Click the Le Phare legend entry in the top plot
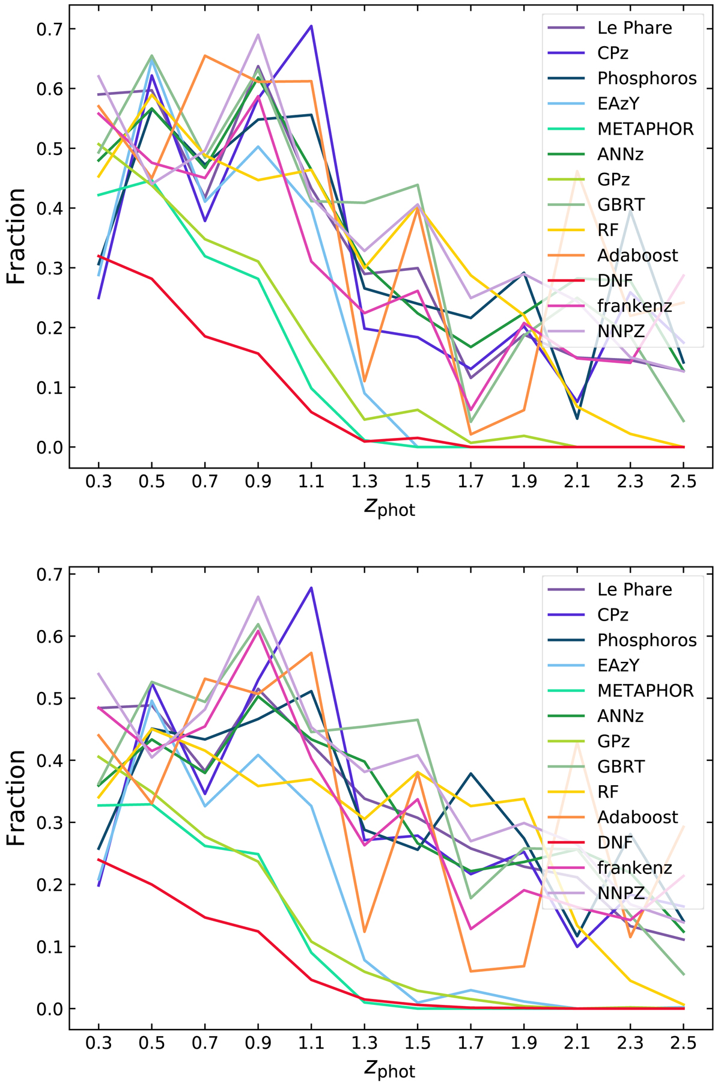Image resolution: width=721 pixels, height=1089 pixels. [x=634, y=28]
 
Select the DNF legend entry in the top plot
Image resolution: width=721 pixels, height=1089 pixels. [x=615, y=281]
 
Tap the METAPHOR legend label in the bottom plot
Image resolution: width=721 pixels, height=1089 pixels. [x=645, y=691]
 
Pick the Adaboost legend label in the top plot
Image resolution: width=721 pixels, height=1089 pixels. [x=637, y=255]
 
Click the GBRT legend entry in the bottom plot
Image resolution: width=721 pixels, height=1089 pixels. [x=621, y=766]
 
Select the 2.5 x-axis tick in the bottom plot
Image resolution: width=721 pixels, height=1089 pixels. [x=683, y=1042]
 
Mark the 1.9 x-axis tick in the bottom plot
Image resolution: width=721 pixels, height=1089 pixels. [x=524, y=1042]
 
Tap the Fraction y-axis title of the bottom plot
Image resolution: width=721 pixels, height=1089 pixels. [x=16, y=798]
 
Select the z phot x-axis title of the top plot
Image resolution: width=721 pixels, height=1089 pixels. [x=389, y=508]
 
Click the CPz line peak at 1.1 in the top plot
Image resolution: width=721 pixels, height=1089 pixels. [x=311, y=26]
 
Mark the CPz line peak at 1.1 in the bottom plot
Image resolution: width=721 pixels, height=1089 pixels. [x=311, y=587]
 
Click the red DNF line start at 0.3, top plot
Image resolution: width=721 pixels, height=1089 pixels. [x=99, y=256]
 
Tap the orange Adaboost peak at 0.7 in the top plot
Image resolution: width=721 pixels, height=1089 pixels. [x=205, y=56]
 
